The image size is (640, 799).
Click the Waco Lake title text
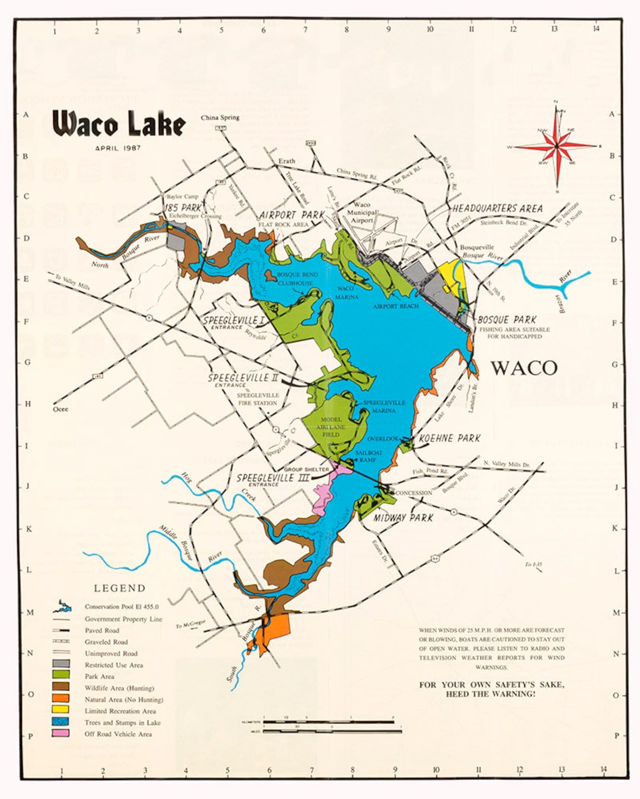pyautogui.click(x=119, y=124)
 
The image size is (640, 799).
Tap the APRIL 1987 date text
pyautogui.click(x=118, y=148)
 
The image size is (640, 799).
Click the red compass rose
pyautogui.click(x=556, y=146)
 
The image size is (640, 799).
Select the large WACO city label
pyautogui.click(x=524, y=368)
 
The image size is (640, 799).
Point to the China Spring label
pyautogui.click(x=220, y=117)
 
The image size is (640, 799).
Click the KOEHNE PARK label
pyautogui.click(x=449, y=439)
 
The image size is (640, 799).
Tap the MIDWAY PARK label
pyautogui.click(x=404, y=518)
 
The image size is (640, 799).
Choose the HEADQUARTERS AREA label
pyautogui.click(x=497, y=208)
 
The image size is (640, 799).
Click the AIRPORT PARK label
pyautogui.click(x=291, y=215)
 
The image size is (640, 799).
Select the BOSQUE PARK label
pyautogui.click(x=507, y=320)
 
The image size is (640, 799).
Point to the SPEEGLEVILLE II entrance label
pyautogui.click(x=242, y=378)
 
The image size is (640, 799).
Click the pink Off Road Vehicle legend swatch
pyautogui.click(x=61, y=734)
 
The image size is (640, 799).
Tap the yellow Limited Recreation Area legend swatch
pyautogui.click(x=61, y=711)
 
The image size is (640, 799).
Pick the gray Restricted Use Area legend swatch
pyautogui.click(x=61, y=665)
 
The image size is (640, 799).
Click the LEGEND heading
pyautogui.click(x=119, y=588)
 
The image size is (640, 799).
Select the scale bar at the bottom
pyautogui.click(x=332, y=726)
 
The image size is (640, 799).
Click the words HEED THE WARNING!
pyautogui.click(x=491, y=694)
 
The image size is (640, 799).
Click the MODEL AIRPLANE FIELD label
pyautogui.click(x=331, y=426)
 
